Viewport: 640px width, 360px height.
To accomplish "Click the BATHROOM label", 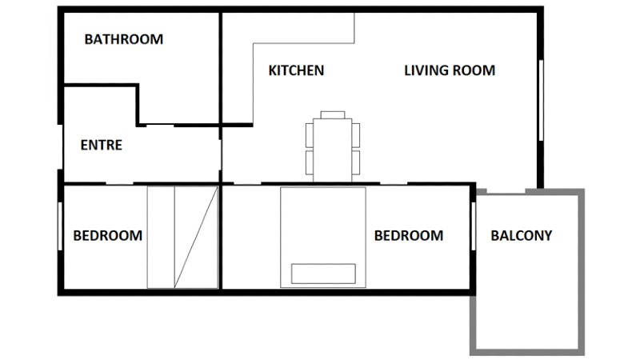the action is [x=124, y=39].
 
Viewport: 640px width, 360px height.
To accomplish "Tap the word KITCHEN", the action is [x=296, y=70].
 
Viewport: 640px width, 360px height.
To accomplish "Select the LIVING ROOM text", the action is [x=450, y=70].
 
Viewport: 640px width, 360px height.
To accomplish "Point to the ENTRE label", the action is [x=102, y=145].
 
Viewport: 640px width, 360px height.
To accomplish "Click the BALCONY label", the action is [x=522, y=235].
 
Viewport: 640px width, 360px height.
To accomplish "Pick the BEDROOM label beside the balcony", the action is [x=409, y=235].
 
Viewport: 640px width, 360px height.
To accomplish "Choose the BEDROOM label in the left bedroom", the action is [x=108, y=235].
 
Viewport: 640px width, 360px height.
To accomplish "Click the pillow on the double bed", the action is [x=323, y=274].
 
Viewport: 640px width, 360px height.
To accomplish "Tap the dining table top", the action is [x=333, y=150].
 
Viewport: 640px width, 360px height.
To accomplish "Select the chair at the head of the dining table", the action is [x=333, y=114].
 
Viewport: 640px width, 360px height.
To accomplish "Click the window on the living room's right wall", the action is [x=542, y=101].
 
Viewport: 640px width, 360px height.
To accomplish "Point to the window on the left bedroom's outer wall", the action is [x=60, y=226].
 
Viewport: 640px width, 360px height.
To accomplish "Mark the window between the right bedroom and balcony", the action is [x=474, y=226].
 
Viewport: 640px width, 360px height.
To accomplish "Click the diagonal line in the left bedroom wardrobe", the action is [x=196, y=237].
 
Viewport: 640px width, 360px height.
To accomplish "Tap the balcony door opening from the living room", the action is [x=506, y=191].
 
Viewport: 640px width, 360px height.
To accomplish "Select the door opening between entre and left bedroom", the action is [x=119, y=184].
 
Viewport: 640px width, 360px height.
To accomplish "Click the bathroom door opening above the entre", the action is [x=160, y=125].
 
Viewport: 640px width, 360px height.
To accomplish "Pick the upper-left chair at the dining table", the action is [x=310, y=135].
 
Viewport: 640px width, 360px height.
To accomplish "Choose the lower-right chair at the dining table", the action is [x=356, y=162].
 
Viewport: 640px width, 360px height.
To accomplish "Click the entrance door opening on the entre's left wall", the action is [x=61, y=147].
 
